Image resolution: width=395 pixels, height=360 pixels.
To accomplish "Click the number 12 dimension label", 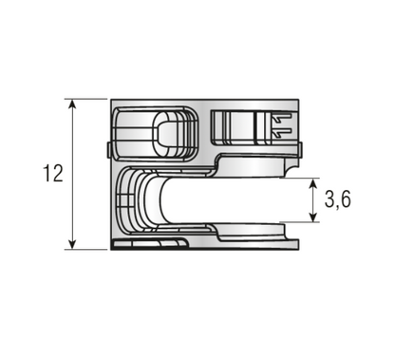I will (53, 174).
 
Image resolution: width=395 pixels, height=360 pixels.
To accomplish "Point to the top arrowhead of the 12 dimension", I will (73, 104).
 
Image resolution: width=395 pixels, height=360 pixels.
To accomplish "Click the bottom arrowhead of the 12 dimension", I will (73, 244).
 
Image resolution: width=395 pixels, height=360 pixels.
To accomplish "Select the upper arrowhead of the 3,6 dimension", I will (314, 182).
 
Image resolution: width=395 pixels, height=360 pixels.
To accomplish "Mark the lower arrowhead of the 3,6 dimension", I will (314, 218).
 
